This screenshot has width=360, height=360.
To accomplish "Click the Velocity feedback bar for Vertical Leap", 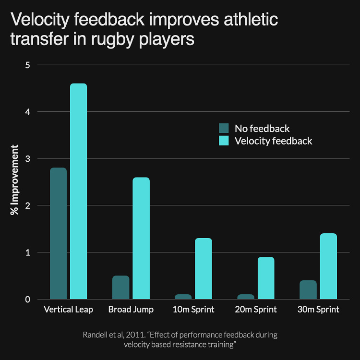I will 78,192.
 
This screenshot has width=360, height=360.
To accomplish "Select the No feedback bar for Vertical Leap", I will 58,233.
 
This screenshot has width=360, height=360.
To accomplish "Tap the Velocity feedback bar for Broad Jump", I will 141,238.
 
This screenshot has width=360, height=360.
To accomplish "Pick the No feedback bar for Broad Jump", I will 121,288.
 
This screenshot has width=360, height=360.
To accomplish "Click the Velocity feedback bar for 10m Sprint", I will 204,269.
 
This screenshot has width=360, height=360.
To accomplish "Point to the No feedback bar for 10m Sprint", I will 183,297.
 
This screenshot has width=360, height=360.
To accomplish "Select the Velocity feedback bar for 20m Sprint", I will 266,278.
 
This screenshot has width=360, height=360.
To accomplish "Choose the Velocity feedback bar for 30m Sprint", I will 328,266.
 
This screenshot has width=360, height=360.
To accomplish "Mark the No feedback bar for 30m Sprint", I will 308,290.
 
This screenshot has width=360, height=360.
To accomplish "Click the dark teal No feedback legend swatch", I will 224,128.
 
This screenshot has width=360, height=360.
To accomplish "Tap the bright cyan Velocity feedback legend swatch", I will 224,141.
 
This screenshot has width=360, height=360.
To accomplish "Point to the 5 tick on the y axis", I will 27,65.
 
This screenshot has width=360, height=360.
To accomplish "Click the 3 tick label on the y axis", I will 27,158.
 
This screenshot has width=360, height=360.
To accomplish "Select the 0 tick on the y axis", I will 27,299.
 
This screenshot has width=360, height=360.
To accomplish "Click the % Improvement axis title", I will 15,180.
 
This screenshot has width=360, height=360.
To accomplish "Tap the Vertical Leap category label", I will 68,310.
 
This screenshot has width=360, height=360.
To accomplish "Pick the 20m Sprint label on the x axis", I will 256,310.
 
